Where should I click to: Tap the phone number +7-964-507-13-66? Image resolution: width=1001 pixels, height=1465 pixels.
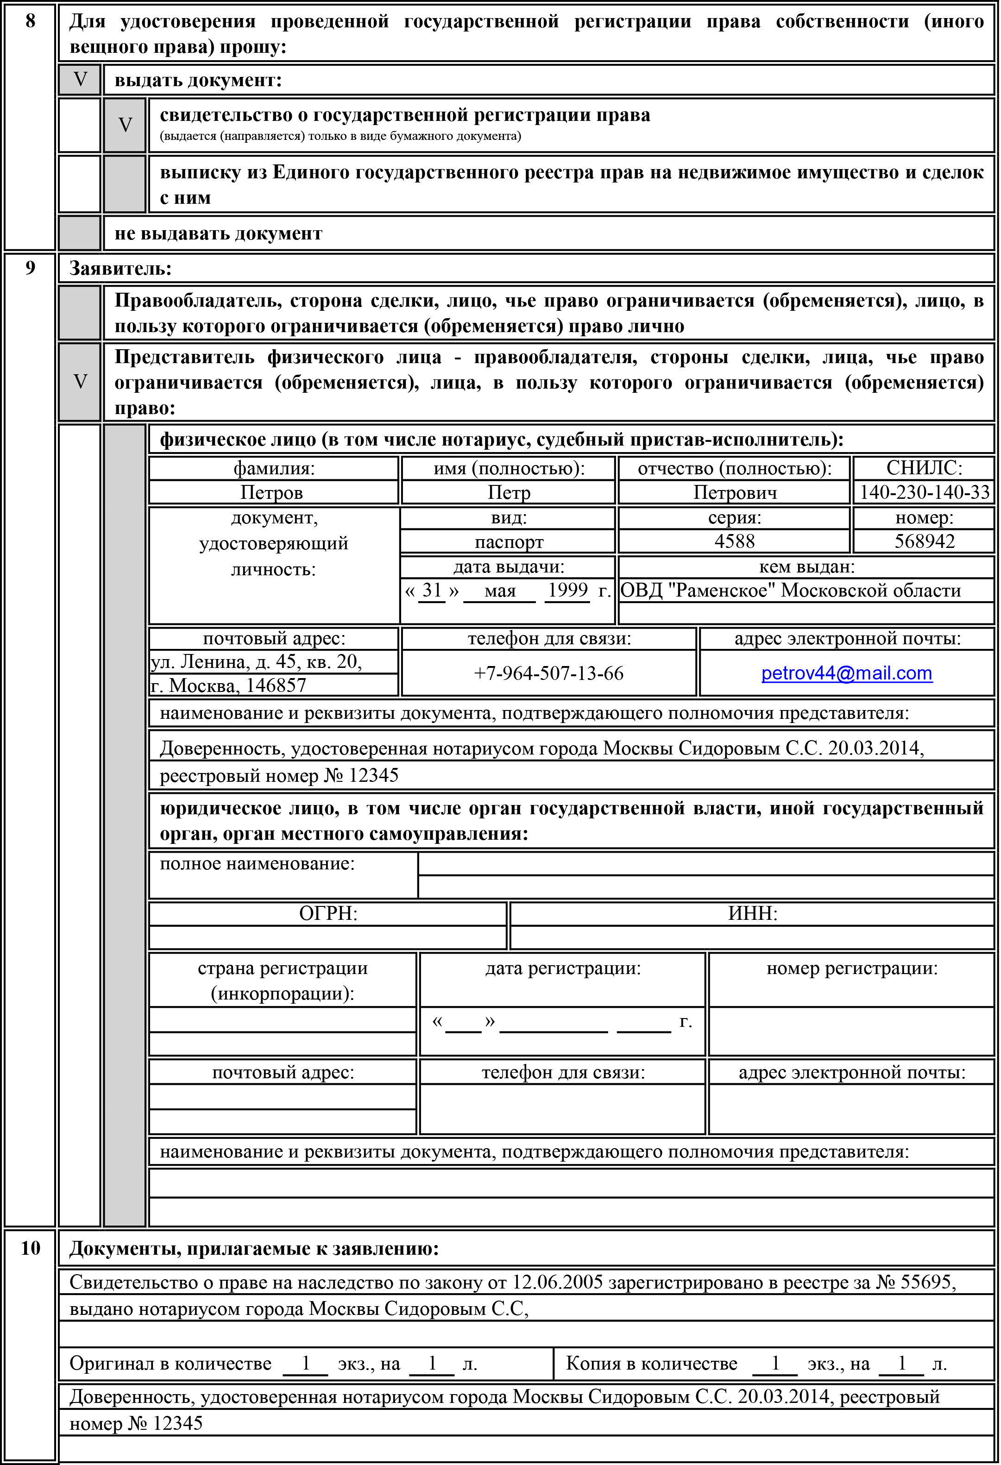point(548,673)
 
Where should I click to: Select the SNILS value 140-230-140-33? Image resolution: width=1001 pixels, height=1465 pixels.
point(924,492)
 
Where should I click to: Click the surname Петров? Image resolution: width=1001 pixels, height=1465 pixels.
point(272,492)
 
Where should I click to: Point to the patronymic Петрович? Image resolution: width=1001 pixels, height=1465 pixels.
point(734,492)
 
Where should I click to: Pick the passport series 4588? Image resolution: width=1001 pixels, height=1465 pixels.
point(734,541)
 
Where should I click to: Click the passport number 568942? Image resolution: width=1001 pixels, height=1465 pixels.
point(924,541)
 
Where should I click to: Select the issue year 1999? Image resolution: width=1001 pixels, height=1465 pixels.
point(567,591)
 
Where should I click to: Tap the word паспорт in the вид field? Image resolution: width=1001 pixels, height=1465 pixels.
point(509,541)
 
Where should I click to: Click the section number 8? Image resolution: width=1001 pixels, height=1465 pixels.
point(30,21)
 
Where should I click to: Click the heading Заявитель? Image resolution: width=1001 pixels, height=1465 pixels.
point(120,269)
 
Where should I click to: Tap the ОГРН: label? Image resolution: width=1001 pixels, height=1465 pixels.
point(328,913)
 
